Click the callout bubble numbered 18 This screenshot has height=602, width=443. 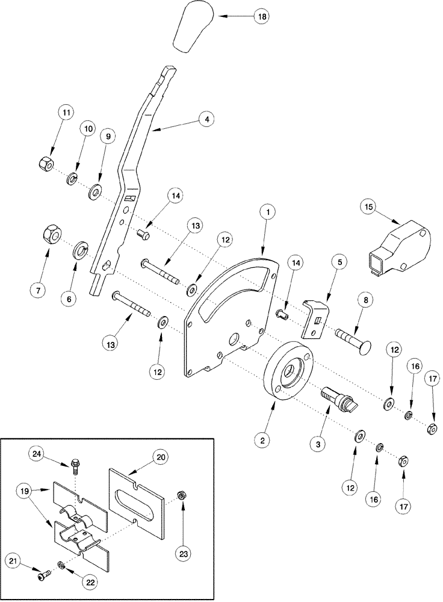click(262, 17)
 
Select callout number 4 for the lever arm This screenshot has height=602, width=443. click(206, 120)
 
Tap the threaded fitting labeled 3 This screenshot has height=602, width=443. click(339, 398)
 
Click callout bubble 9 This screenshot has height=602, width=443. click(109, 137)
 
